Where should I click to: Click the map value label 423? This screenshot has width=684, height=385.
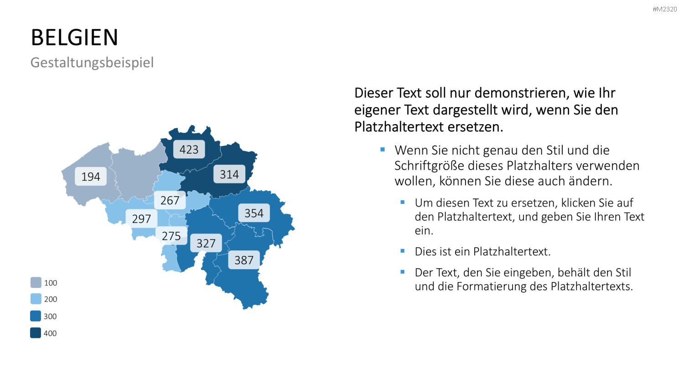[x=189, y=150]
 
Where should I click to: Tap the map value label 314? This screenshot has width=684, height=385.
[x=229, y=174]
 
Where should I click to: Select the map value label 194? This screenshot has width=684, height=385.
[x=91, y=176]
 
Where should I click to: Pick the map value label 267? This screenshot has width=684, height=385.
[x=170, y=200]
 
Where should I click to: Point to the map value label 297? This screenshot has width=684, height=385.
[x=141, y=219]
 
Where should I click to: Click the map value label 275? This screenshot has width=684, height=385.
[x=171, y=235]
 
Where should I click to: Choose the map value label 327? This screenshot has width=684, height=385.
[x=206, y=243]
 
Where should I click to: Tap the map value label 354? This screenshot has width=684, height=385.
[x=254, y=213]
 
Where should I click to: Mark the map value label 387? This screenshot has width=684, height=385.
[x=244, y=260]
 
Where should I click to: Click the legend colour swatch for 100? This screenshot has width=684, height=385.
[x=36, y=282]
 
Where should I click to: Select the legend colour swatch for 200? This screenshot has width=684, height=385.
[x=36, y=299]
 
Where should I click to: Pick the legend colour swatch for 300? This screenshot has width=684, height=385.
[x=36, y=316]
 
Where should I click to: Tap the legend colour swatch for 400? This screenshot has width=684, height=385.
[x=36, y=333]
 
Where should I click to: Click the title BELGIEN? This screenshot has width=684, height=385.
[x=74, y=37]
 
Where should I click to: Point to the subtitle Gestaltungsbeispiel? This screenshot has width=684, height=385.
[x=92, y=62]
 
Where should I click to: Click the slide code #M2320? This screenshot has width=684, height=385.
[x=665, y=9]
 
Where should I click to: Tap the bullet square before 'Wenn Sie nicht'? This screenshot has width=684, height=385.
[x=383, y=150]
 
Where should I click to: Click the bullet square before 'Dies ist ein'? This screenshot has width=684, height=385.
[x=403, y=251]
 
